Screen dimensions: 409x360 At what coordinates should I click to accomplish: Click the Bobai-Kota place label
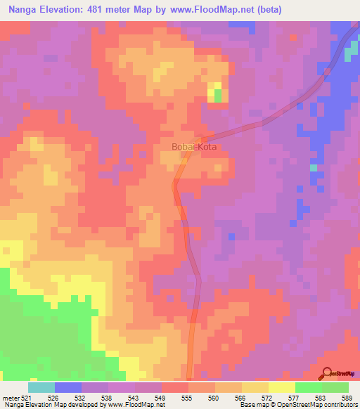[194, 148]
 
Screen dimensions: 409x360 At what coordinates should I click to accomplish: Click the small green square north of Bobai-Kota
[217, 94]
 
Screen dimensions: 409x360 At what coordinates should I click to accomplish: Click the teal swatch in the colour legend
[41, 387]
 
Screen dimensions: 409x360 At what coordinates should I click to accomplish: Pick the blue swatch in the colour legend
[68, 387]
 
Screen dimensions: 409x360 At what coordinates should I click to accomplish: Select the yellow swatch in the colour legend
[282, 387]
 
